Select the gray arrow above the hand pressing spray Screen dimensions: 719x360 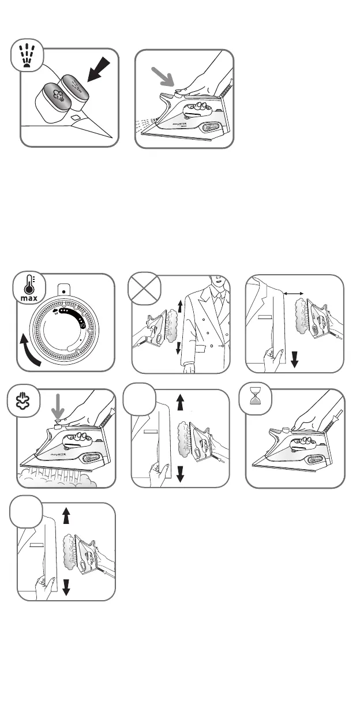click(x=163, y=77)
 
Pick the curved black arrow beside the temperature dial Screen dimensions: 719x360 click(x=30, y=351)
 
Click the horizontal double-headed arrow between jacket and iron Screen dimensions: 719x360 click(x=295, y=294)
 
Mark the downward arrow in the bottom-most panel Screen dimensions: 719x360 click(x=66, y=587)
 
